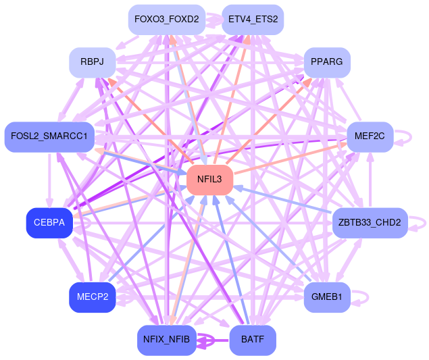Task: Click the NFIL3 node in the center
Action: (209, 180)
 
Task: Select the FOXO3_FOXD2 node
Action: (166, 19)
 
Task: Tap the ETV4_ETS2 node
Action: (253, 19)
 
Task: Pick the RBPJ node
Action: (92, 62)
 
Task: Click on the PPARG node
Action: (327, 62)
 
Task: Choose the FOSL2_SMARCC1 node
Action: (49, 136)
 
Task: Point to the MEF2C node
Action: (370, 136)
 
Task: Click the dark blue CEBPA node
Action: (49, 224)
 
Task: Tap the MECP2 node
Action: (92, 297)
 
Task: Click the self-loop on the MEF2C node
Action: (407, 136)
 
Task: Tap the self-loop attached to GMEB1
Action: (364, 296)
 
